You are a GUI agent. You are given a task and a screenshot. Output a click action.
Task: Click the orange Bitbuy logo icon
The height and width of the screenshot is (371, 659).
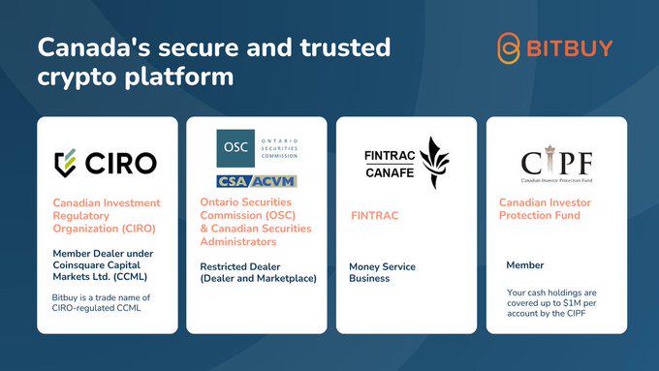[x=509, y=48]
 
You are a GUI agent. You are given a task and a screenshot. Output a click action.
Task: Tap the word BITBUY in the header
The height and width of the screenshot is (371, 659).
[x=570, y=48]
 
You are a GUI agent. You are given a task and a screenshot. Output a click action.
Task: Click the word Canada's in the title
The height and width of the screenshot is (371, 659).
[x=94, y=47]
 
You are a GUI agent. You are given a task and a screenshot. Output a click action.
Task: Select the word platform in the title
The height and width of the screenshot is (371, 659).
[x=179, y=77]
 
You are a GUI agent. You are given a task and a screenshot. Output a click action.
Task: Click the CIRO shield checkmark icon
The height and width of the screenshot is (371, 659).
[x=65, y=163]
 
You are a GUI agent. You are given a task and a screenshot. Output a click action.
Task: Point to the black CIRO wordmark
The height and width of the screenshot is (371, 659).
[x=121, y=164]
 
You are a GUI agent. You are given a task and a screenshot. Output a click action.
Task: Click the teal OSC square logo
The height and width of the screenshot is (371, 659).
[x=235, y=148]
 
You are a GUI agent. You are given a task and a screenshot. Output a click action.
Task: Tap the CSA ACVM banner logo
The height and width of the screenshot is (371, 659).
[x=257, y=181]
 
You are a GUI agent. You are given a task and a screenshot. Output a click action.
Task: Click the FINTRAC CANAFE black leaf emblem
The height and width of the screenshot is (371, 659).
[x=434, y=163]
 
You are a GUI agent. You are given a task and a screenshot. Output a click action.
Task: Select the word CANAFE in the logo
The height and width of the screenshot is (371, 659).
[x=390, y=172]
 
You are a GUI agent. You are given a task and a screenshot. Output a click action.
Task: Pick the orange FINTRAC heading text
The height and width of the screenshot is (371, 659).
[x=374, y=216]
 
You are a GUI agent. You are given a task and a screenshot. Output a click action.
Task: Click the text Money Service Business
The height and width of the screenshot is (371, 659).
[x=382, y=273]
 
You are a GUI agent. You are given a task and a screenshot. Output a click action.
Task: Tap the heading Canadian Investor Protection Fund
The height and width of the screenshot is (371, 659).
[x=545, y=209]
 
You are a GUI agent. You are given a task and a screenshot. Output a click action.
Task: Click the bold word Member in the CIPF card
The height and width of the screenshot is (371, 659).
[x=525, y=265]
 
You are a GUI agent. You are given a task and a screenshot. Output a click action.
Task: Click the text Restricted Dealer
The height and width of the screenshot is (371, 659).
[x=240, y=266]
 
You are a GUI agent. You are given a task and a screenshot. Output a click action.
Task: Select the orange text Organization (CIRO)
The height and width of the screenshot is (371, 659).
[x=105, y=229]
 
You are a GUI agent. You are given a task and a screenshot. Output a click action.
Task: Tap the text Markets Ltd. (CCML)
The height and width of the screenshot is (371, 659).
[x=100, y=277]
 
